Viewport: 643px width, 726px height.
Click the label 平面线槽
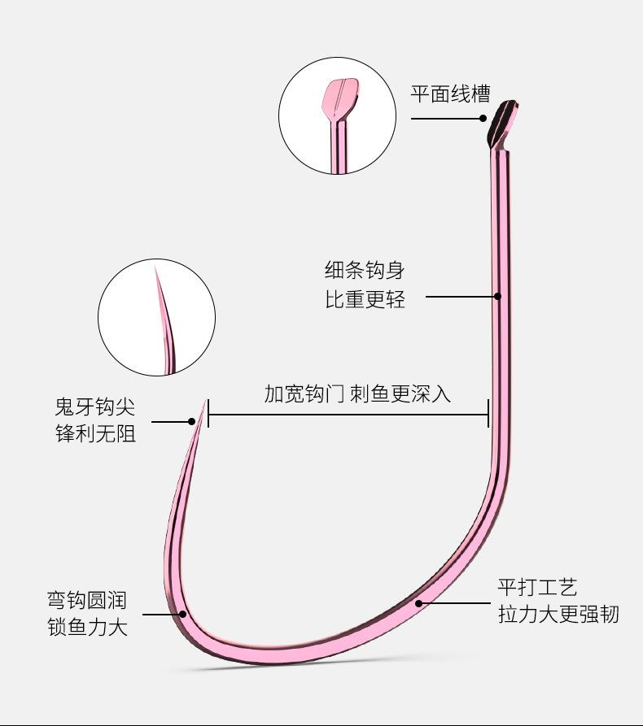(450, 94)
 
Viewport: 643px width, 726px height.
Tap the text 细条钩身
(365, 270)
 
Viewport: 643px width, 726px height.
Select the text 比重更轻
(365, 299)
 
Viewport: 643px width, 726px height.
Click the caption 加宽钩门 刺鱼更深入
(357, 393)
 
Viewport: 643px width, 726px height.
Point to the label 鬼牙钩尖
(95, 407)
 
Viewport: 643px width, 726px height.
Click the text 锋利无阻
(95, 434)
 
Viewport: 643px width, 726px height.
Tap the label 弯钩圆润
(87, 600)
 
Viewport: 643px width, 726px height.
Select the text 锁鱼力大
(87, 628)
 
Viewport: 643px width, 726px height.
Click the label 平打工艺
(537, 588)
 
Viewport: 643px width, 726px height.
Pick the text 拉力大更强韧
(558, 615)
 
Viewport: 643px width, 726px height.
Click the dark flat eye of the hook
(502, 123)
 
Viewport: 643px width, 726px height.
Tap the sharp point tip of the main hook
(204, 401)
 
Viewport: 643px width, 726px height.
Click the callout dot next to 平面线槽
(483, 119)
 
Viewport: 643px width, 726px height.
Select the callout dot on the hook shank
(498, 296)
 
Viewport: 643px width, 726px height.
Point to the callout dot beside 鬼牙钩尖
(191, 421)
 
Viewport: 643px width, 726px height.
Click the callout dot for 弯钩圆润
(182, 615)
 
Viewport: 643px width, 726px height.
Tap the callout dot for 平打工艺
(418, 603)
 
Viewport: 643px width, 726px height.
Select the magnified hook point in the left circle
(165, 320)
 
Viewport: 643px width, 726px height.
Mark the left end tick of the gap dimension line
(208, 414)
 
